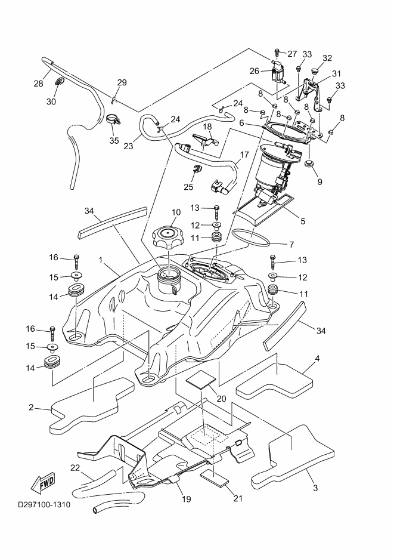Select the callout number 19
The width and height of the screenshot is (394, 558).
(187, 499)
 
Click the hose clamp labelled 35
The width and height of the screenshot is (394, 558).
(112, 121)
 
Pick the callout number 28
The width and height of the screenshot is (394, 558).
(38, 84)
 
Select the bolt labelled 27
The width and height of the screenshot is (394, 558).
(277, 53)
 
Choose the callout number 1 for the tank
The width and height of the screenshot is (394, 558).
(101, 261)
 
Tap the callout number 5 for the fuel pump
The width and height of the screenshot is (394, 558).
(303, 221)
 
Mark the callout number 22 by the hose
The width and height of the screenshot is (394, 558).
(75, 467)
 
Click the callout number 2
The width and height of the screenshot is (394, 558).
(30, 408)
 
